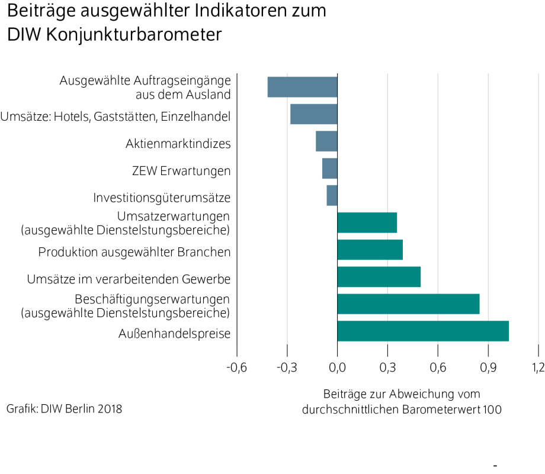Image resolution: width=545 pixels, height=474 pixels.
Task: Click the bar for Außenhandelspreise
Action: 423,331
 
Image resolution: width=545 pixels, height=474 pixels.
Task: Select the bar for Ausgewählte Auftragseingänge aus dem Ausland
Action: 302,87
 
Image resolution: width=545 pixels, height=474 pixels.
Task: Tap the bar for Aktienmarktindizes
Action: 326,141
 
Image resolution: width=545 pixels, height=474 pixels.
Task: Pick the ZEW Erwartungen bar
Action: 330,168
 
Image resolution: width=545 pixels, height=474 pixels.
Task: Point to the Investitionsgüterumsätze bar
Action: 332,196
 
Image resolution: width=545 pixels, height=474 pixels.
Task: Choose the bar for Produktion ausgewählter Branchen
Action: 370,250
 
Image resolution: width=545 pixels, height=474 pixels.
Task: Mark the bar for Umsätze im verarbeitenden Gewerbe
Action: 379,277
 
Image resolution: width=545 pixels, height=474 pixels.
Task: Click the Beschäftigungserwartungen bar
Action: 408,304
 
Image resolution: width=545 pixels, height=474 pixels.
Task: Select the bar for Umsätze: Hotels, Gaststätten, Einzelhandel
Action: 313,114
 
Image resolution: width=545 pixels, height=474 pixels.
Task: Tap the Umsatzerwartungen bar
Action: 367,223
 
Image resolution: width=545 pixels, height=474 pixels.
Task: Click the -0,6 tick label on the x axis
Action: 236,369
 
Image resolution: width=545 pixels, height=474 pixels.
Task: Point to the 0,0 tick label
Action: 337,369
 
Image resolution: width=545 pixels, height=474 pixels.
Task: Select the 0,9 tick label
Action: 488,369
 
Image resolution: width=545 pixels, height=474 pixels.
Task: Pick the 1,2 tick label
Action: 538,369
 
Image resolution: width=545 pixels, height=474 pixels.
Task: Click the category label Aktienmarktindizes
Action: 178,144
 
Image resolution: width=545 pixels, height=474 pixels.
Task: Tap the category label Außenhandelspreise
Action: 175,334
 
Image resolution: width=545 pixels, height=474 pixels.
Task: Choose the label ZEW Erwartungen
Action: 181,171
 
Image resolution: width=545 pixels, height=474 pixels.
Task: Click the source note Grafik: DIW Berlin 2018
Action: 65,408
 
